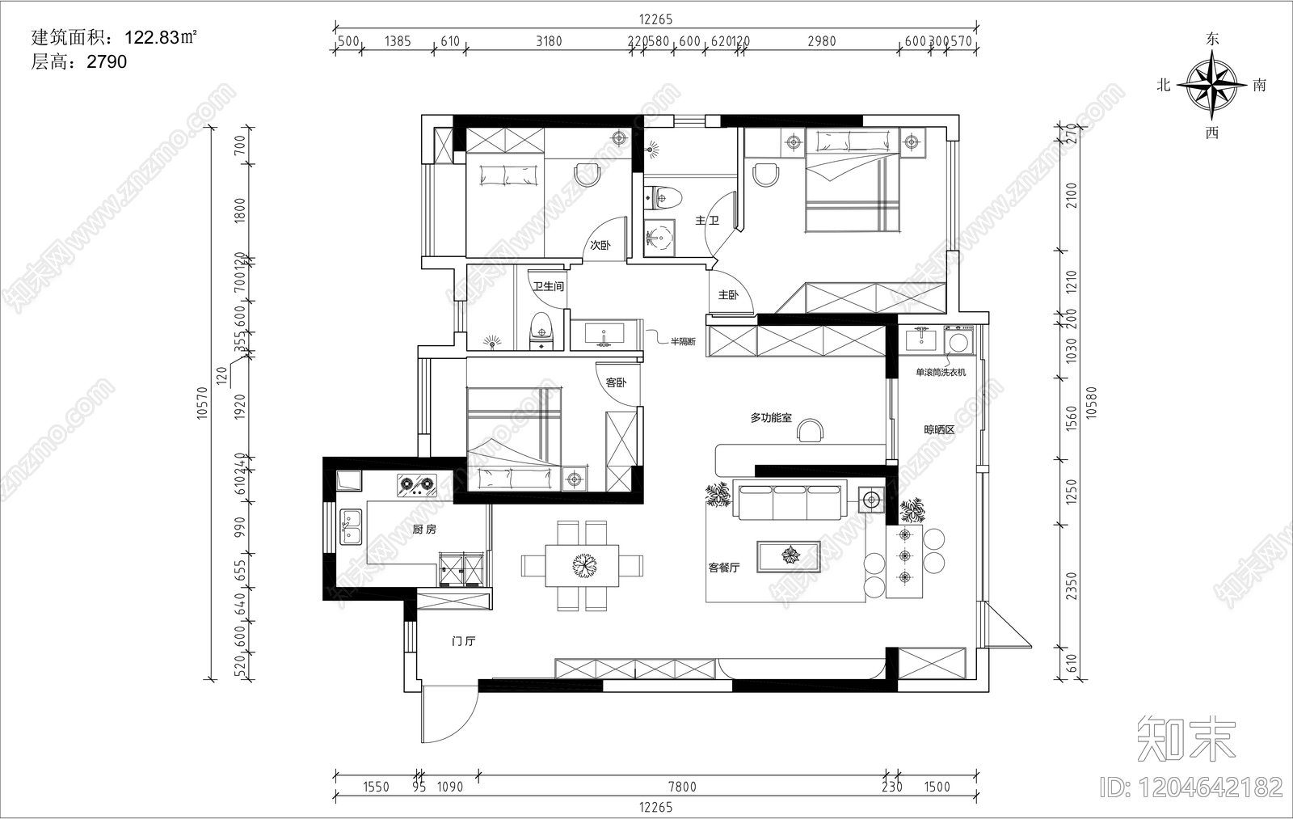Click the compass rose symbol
1211,84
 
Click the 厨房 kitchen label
424,530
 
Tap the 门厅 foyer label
464,642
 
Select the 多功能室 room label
771,418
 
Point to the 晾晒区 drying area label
939,430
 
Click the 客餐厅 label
724,568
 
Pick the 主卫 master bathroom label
707,220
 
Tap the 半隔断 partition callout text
682,342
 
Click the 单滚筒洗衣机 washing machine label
940,373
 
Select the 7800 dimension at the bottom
683,787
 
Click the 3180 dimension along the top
549,41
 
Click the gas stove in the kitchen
416,485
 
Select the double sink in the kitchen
351,526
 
